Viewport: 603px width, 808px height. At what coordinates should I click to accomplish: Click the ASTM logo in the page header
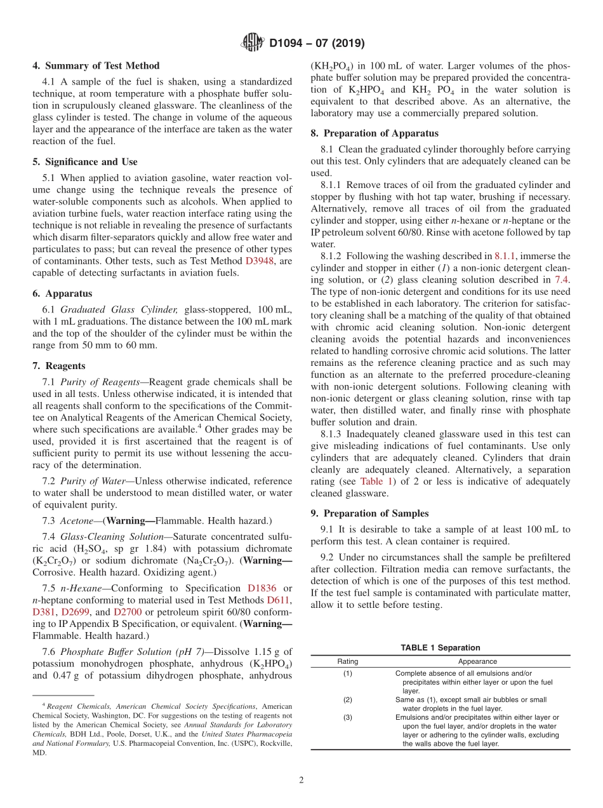click(x=253, y=43)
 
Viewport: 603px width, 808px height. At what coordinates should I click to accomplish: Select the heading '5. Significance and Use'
click(x=84, y=162)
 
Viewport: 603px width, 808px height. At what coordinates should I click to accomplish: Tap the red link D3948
click(x=260, y=260)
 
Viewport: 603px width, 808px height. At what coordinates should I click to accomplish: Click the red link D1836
click(x=262, y=588)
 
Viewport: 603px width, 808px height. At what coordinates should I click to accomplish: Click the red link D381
click(x=44, y=612)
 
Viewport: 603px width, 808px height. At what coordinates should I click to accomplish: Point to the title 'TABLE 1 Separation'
click(x=440, y=648)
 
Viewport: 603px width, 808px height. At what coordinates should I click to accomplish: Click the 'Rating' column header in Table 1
click(x=347, y=661)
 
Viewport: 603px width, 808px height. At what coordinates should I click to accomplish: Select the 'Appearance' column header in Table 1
click(x=477, y=661)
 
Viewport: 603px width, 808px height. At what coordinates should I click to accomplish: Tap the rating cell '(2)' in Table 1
click(x=347, y=699)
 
